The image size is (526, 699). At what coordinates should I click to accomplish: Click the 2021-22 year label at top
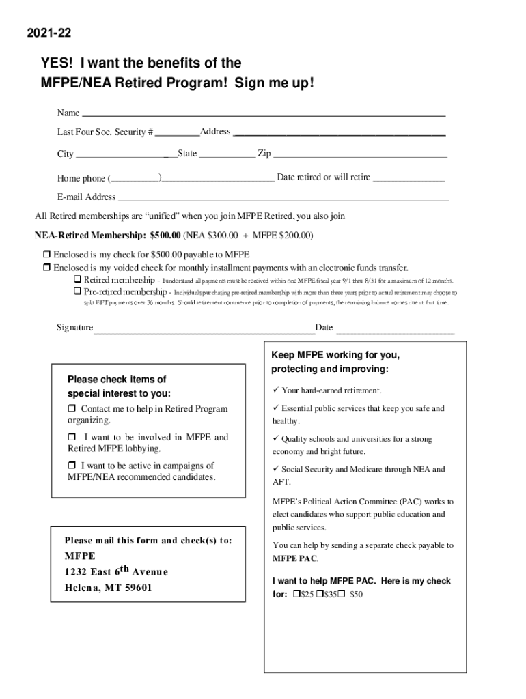pyautogui.click(x=49, y=33)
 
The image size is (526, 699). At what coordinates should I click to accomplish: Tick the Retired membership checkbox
pyautogui.click(x=77, y=280)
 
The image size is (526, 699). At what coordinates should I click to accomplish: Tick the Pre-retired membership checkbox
pyautogui.click(x=77, y=292)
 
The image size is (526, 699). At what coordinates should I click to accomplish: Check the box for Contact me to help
pyautogui.click(x=72, y=409)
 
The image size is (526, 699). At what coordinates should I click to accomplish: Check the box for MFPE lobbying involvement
pyautogui.click(x=72, y=437)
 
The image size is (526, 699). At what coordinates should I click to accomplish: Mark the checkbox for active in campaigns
pyautogui.click(x=72, y=466)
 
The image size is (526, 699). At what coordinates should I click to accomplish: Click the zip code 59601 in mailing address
pyautogui.click(x=137, y=588)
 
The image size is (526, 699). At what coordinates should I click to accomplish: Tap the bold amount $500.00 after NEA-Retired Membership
pyautogui.click(x=165, y=236)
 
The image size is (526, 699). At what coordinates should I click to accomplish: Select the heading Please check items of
pyautogui.click(x=117, y=380)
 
